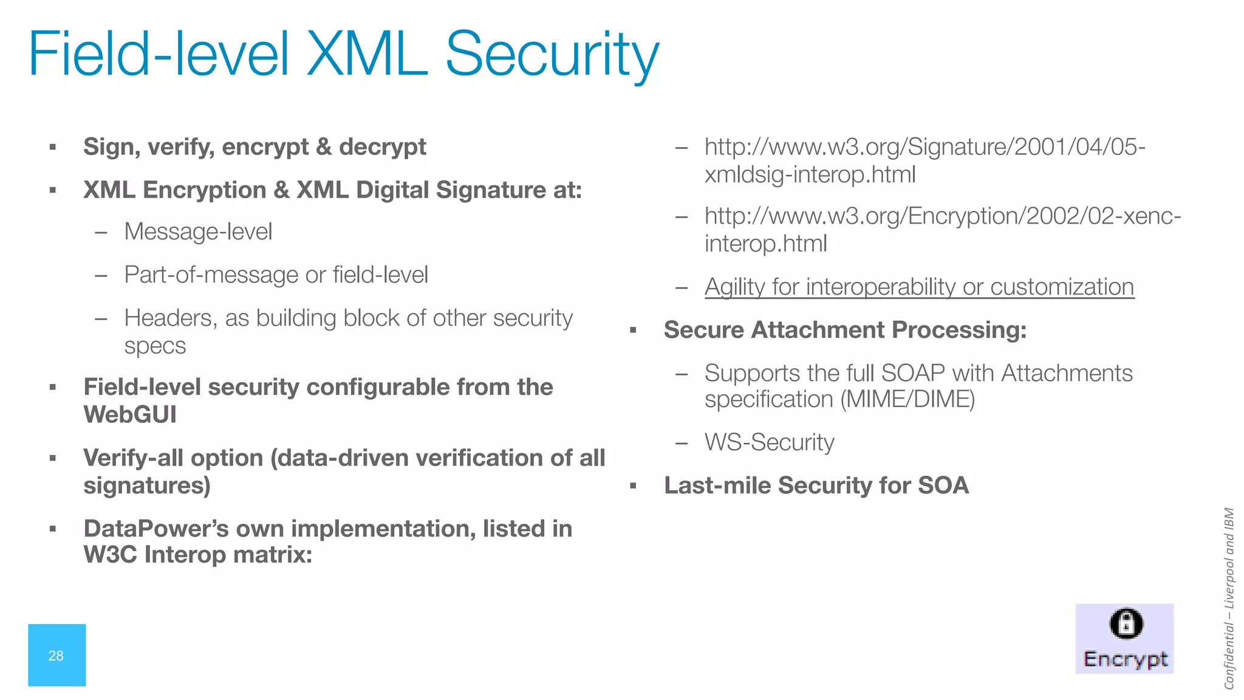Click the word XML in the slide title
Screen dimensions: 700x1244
pos(367,55)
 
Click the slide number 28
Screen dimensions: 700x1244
pos(56,656)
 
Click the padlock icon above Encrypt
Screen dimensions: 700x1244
pos(1126,624)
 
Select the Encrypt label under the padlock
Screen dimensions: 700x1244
pos(1126,659)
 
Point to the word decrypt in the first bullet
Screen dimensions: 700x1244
pos(382,147)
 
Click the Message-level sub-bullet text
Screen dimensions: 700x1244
pos(198,232)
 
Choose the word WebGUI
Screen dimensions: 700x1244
pos(130,415)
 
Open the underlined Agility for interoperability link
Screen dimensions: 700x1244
pos(919,287)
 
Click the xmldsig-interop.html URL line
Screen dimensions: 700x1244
pos(810,175)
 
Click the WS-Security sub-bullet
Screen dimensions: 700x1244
pos(769,442)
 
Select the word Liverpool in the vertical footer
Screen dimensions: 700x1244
pos(1229,583)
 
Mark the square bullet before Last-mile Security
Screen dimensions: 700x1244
pos(633,486)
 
